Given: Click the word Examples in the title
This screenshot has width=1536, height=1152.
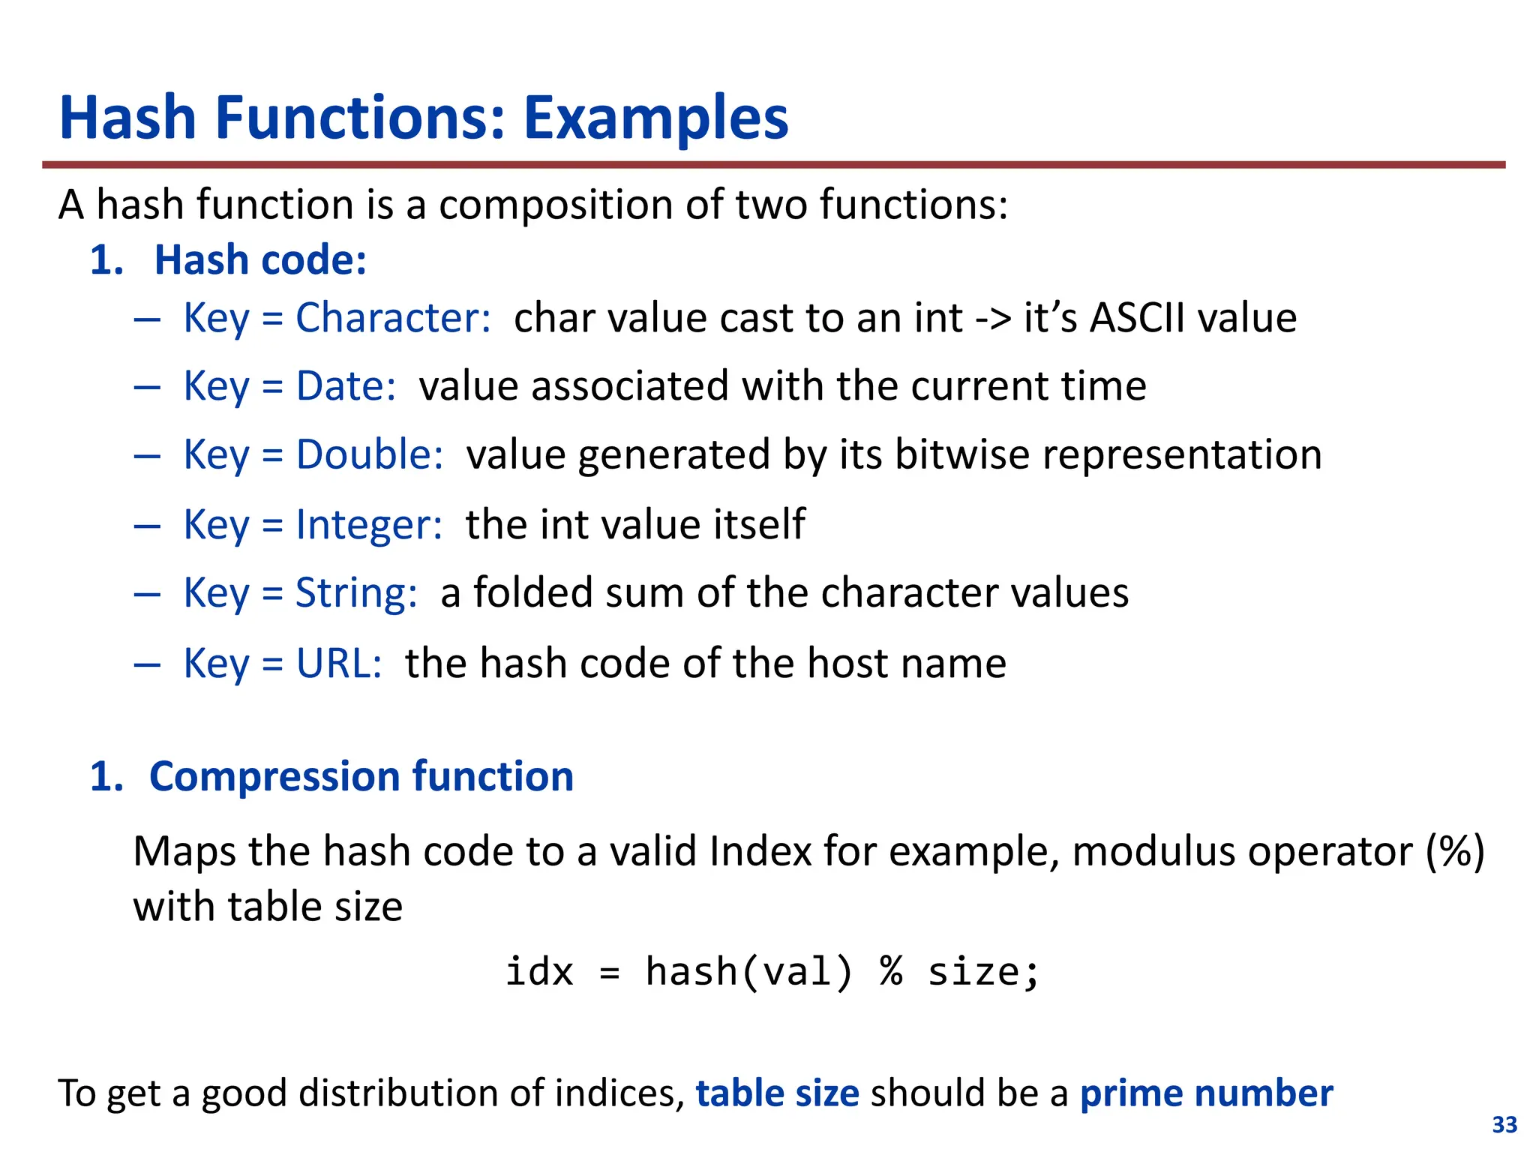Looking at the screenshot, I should coord(655,118).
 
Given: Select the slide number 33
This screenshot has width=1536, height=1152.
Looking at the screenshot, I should coord(1504,1125).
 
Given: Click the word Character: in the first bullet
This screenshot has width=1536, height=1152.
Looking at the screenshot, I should coord(393,318).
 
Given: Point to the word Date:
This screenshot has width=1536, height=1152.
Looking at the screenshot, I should coord(346,386).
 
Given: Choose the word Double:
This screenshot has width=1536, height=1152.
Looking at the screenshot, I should coord(370,455).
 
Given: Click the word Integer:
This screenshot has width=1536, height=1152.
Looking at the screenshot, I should coord(369,524).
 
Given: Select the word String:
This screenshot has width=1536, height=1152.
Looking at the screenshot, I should coord(356,593).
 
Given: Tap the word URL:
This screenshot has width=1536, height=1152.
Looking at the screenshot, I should coord(339,664).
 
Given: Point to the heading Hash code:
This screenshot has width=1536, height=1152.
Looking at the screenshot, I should coord(260,260).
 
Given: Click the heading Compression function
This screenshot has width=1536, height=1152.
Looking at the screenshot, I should coord(361,776).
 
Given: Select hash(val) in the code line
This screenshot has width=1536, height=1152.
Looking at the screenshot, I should coord(749,972).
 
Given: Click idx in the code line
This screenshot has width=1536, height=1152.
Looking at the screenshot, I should coord(539,972).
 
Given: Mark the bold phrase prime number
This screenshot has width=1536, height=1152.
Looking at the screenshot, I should coord(1206,1093).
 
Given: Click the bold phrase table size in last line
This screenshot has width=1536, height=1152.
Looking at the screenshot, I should coord(777,1093).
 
